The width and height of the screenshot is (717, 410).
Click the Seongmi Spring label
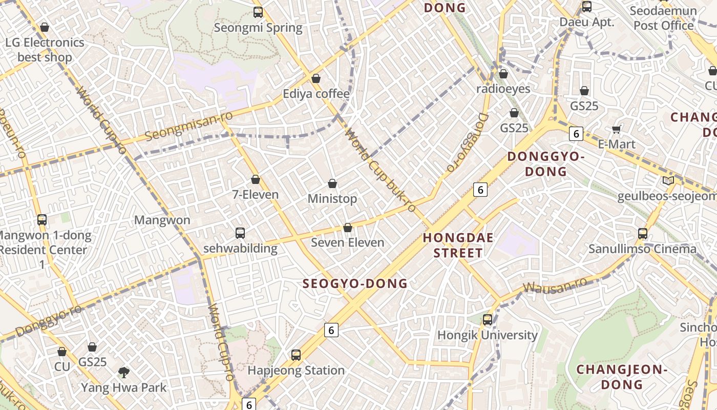(258, 28)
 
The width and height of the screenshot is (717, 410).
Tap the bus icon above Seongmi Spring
(258, 12)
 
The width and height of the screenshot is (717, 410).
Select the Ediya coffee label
(317, 94)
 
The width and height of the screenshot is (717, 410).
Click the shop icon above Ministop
(332, 183)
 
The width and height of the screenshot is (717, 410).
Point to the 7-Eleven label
(256, 195)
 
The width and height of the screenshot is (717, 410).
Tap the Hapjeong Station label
(296, 370)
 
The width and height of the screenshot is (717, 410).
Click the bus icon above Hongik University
(488, 320)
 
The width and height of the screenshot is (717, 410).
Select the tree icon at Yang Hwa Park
(123, 372)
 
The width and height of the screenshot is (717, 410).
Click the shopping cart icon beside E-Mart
(617, 129)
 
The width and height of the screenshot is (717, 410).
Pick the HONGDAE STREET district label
(458, 245)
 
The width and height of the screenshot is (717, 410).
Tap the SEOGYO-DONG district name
(355, 283)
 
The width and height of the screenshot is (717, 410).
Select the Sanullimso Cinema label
(642, 249)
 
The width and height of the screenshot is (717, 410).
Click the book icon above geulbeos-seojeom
(668, 180)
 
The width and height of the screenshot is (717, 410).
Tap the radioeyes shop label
(503, 89)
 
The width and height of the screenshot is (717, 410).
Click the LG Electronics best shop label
(45, 50)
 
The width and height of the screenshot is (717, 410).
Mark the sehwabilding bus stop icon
(240, 233)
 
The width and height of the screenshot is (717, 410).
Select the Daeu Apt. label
(587, 22)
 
